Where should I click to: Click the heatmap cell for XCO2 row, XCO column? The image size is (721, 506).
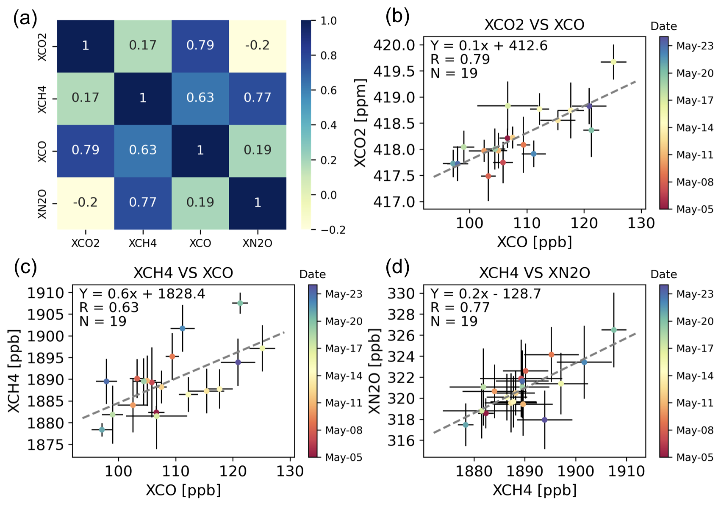click(x=200, y=45)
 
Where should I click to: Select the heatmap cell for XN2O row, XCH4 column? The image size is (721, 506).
click(x=143, y=202)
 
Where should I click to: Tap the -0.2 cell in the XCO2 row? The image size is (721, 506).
click(x=257, y=45)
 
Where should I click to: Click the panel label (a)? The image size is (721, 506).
click(x=25, y=19)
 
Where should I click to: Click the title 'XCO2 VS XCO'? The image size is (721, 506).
click(x=534, y=25)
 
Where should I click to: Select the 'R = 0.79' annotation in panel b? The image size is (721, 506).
click(x=460, y=59)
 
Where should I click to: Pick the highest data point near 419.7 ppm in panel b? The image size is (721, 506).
click(x=613, y=62)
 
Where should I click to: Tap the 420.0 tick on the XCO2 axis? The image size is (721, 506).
click(x=394, y=45)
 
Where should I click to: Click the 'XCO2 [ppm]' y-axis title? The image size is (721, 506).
click(x=360, y=123)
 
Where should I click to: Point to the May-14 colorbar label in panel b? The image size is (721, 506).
click(x=695, y=127)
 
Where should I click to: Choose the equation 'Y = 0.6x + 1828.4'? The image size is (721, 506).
click(x=142, y=293)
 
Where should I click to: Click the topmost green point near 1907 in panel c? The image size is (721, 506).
click(x=240, y=303)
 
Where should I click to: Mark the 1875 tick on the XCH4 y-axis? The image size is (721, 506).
click(x=45, y=445)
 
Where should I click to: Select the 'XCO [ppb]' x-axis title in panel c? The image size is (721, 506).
click(x=183, y=490)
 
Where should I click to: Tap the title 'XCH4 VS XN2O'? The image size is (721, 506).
click(x=534, y=273)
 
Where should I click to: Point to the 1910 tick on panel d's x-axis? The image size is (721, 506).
click(x=626, y=471)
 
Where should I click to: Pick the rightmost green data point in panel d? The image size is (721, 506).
click(x=614, y=330)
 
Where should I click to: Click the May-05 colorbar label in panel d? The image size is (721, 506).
click(x=695, y=457)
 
